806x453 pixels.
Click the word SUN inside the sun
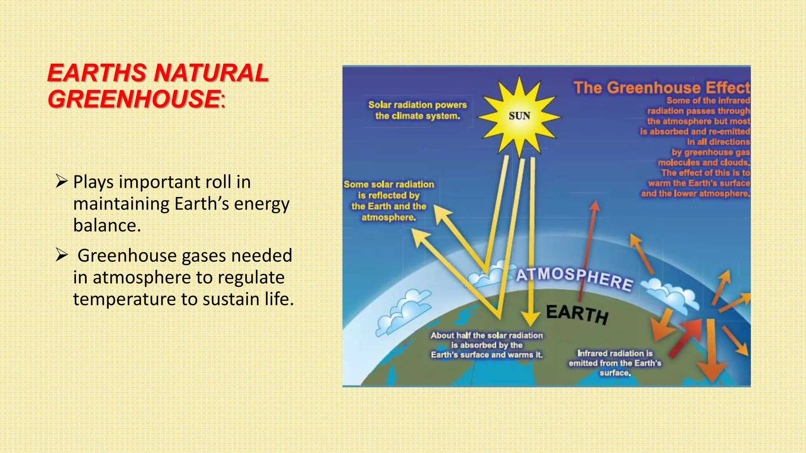coord(519,116)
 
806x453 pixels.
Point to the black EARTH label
coord(577,314)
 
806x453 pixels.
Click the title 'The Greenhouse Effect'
coord(661,87)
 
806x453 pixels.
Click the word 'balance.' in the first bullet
coord(107,225)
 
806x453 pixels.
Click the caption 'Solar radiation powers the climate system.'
coord(417,110)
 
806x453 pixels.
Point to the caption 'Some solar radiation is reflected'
coord(389,201)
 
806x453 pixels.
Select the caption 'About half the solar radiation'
coord(486,345)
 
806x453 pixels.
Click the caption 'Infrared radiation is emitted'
coord(615,363)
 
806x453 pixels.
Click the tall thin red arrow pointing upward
coord(588,252)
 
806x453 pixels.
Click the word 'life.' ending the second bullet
coord(279,299)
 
